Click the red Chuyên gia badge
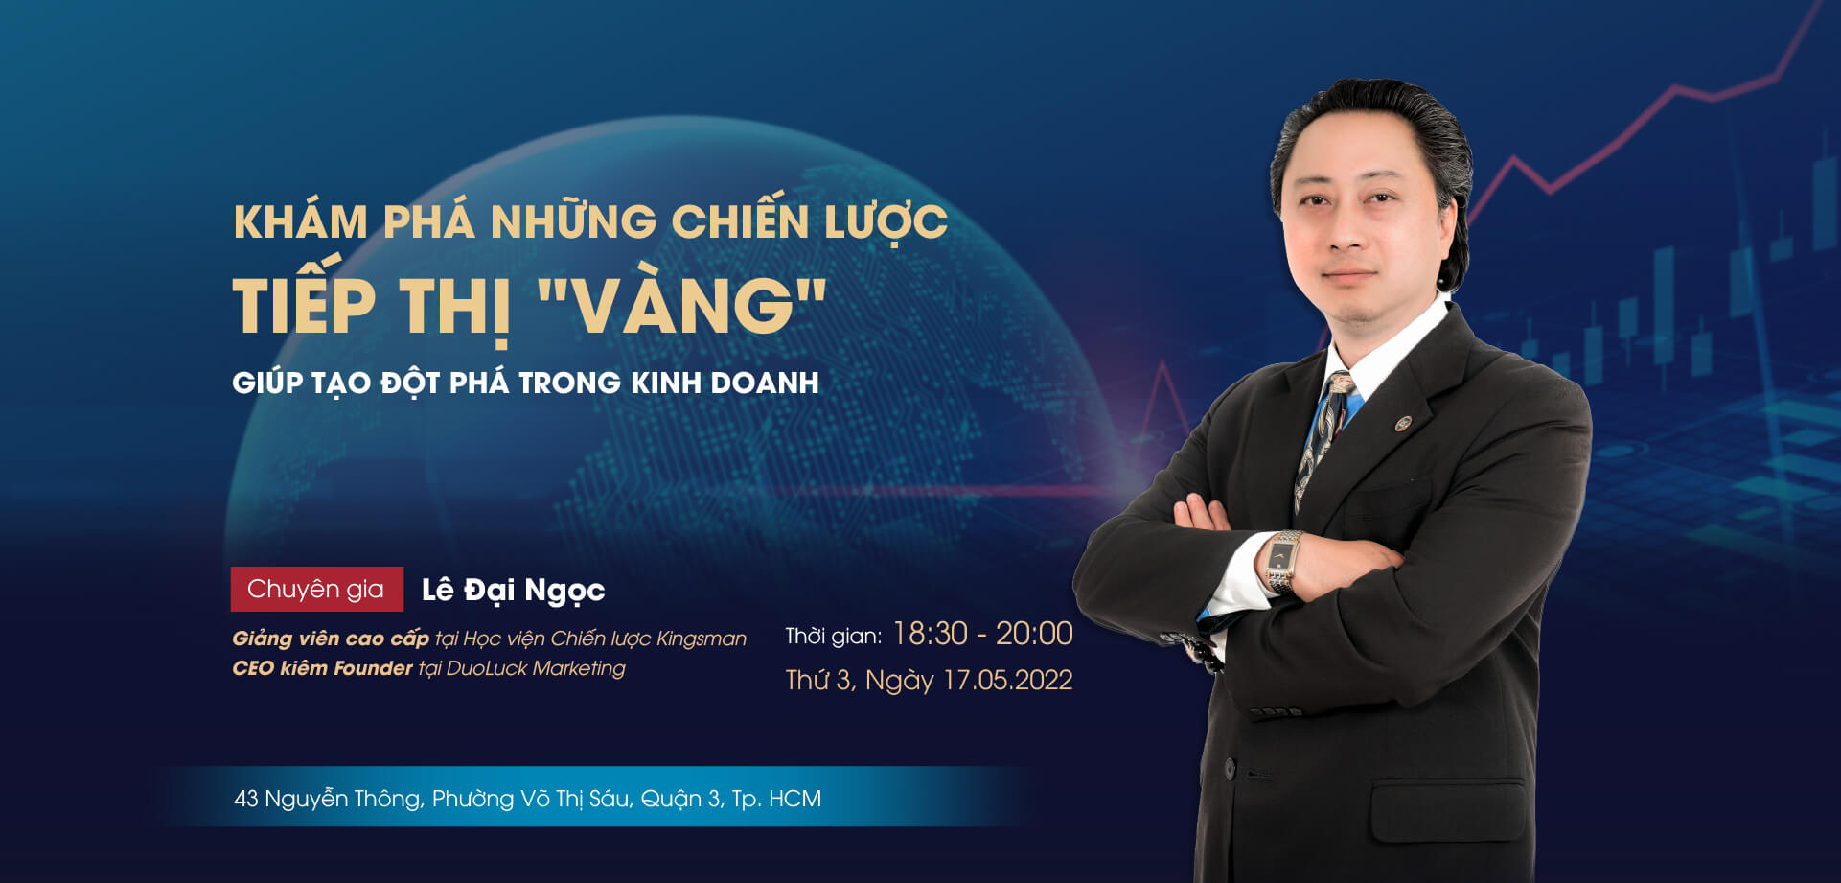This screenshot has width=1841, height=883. coord(316,589)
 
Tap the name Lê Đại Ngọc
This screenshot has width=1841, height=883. coord(514,590)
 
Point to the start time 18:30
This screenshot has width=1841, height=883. coord(930,634)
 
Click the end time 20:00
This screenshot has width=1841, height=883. coord(1034,634)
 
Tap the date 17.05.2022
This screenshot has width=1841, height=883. coord(1007,680)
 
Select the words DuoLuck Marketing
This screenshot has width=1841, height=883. coord(536,668)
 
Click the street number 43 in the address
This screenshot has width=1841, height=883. coord(246,799)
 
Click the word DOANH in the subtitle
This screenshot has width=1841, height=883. coord(764,383)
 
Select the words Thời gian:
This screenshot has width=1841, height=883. coord(833,636)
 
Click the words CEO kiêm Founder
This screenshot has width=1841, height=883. coord(322,668)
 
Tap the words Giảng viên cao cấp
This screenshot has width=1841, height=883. coord(331,639)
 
